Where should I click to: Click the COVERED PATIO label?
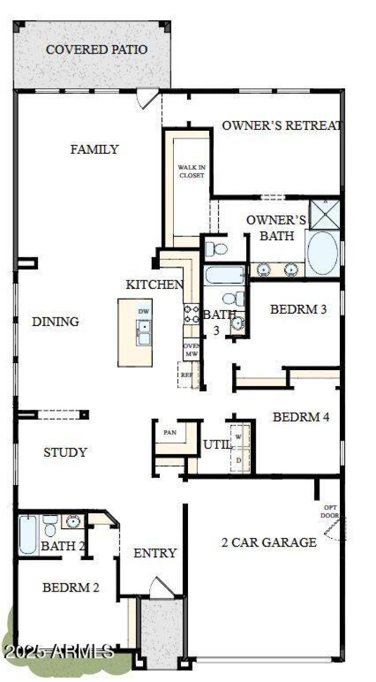click(x=96, y=49)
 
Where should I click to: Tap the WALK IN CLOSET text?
click(x=191, y=171)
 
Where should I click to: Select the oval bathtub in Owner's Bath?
click(x=322, y=253)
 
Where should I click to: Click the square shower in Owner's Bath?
click(x=324, y=214)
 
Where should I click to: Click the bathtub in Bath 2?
click(x=28, y=535)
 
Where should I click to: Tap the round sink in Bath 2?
click(x=73, y=521)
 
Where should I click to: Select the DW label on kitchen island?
click(x=143, y=311)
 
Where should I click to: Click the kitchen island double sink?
click(x=144, y=332)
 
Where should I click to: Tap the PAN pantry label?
click(x=170, y=432)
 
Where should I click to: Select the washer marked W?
click(x=239, y=437)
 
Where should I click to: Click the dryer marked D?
click(x=239, y=460)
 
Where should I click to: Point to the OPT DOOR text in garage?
click(x=329, y=511)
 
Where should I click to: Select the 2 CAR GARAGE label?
click(x=269, y=542)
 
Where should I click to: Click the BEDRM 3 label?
click(x=298, y=309)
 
